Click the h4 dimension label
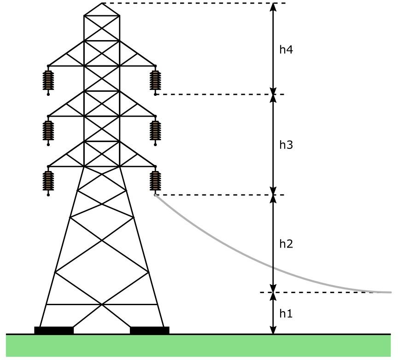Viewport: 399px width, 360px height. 286,50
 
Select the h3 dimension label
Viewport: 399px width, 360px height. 286,145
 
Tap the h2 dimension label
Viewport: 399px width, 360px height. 286,244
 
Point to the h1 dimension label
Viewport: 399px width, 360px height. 286,314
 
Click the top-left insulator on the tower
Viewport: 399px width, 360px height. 48,80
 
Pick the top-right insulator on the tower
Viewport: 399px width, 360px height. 155,80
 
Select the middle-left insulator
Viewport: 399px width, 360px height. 48,130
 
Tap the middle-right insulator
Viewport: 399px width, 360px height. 155,130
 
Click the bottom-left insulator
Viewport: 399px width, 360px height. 48,181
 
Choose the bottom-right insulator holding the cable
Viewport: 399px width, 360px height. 155,181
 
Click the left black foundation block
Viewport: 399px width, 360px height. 54,330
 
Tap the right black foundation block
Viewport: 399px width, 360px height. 150,330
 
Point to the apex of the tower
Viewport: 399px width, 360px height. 102,3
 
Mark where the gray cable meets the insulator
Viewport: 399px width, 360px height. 155,195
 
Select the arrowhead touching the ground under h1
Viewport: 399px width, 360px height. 274,330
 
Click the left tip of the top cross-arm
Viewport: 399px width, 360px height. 48,65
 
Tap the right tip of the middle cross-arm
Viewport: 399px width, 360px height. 155,116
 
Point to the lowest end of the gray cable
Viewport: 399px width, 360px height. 390,292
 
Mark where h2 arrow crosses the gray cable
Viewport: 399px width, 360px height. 274,268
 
